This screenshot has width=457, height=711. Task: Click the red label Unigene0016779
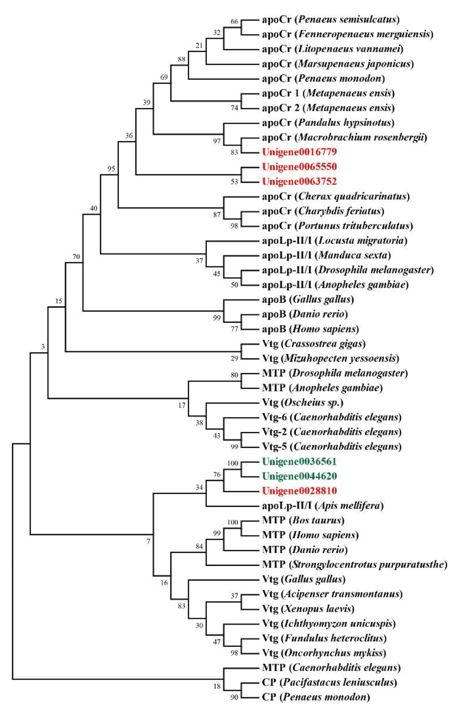299,152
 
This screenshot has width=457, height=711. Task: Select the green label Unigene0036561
299,462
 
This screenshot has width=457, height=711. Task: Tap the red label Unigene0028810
299,491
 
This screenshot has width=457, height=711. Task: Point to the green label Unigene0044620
299,476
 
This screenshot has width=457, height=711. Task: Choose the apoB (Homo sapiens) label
310,329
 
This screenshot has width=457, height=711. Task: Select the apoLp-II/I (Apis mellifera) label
323,506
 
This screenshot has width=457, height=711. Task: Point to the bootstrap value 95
111,169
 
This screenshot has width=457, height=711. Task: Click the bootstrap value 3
43,347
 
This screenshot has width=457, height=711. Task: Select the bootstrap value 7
149,542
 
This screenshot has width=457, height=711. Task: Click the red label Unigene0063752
299,181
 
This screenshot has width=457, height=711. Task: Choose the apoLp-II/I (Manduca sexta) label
326,255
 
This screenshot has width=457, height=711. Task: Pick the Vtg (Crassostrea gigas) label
314,344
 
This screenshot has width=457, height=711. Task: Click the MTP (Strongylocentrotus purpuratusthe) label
354,565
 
